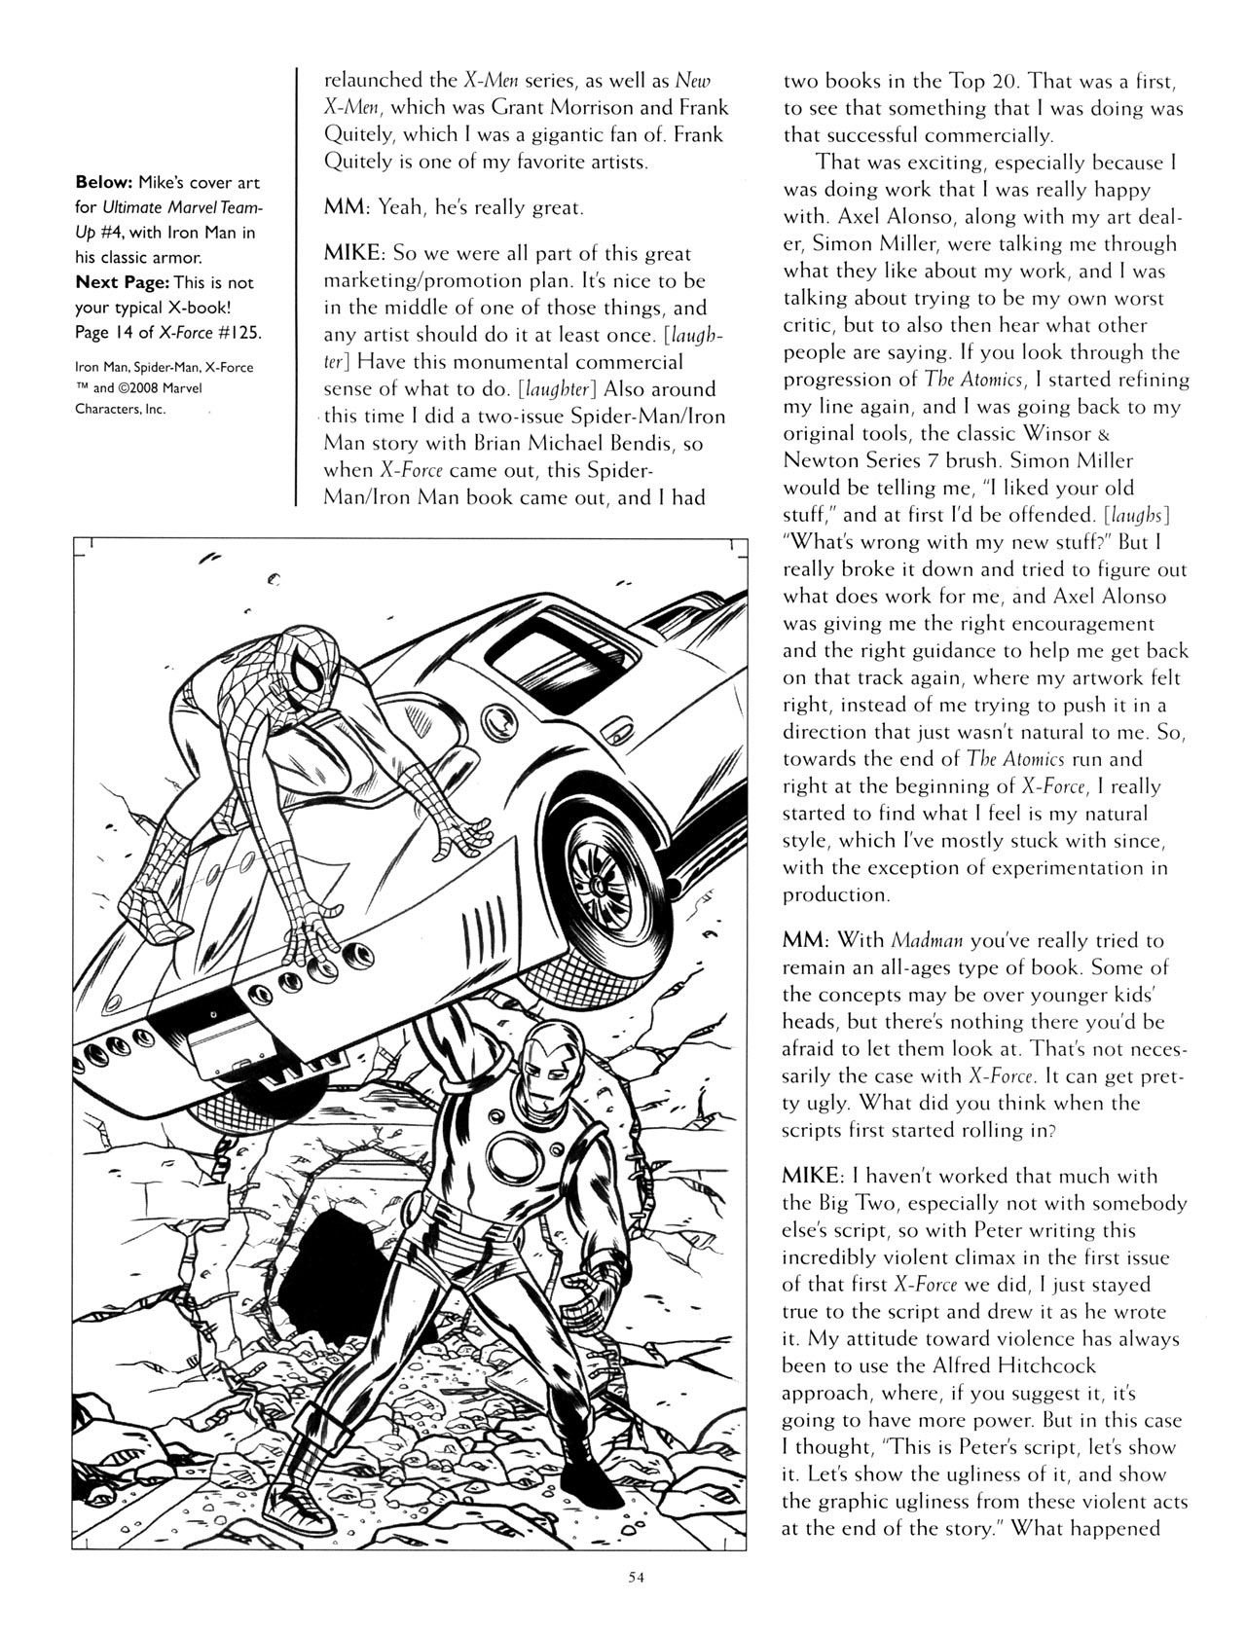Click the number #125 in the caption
[239, 333]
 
